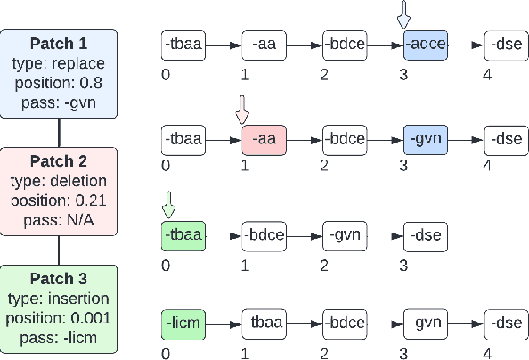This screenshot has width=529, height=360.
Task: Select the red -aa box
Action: coord(264,140)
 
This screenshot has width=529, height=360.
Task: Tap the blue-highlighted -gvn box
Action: coord(425,140)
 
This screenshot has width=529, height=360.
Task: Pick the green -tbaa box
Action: coord(183,236)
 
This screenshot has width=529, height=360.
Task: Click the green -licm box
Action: coord(183,323)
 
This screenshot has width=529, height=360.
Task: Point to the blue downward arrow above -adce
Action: coord(405,15)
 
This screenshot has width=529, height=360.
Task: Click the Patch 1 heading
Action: coord(59,44)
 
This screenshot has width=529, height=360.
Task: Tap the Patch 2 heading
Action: coord(59,162)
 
